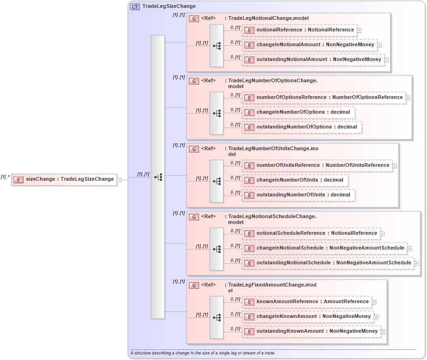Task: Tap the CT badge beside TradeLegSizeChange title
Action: (x=135, y=6)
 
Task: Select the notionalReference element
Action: (x=299, y=30)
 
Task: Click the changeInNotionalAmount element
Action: (x=309, y=45)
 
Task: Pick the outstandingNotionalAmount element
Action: (x=313, y=60)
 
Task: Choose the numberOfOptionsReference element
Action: (x=324, y=98)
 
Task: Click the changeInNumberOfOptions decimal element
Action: (x=298, y=112)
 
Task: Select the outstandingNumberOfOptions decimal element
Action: (x=302, y=127)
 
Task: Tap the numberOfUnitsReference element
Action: (x=317, y=165)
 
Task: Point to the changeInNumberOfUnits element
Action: (x=295, y=180)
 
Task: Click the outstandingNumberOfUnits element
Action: (x=298, y=195)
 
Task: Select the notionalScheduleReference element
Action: (x=311, y=233)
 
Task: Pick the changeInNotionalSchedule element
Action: (x=325, y=248)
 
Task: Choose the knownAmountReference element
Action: (x=307, y=302)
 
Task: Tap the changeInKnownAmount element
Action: (x=308, y=317)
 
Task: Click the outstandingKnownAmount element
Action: (x=312, y=331)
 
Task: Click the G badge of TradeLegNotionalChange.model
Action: (x=194, y=18)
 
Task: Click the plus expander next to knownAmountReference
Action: (x=374, y=302)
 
